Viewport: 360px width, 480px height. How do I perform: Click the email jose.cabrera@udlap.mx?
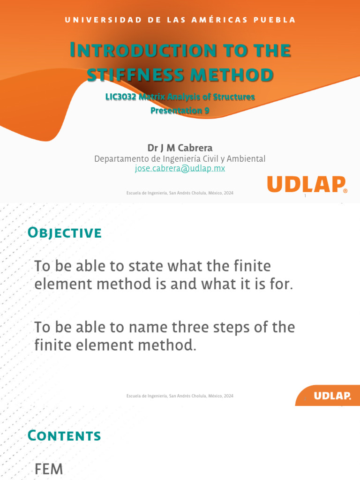tap(180, 168)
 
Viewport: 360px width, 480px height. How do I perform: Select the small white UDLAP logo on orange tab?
tap(332, 396)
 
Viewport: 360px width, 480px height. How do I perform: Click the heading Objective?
tap(65, 232)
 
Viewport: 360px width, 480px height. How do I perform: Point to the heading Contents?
tap(64, 435)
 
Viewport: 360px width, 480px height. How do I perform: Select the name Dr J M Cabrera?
tap(180, 148)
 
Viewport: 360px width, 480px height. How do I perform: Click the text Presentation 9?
tap(180, 111)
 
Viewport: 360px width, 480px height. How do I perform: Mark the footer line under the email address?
tap(180, 193)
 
